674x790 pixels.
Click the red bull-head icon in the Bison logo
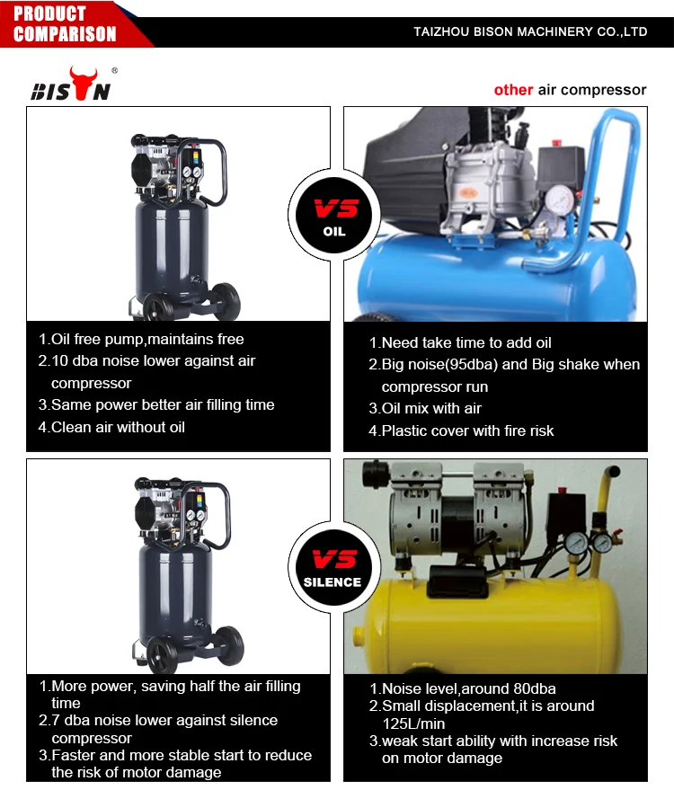pos(84,82)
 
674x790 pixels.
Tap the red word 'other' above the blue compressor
pos(513,90)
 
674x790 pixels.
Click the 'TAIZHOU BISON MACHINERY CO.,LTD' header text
pos(530,31)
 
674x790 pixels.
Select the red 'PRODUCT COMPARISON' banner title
pos(65,23)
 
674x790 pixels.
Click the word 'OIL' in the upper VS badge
pos(334,231)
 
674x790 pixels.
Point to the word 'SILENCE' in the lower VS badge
pos(333,581)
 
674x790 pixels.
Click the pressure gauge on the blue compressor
pos(559,200)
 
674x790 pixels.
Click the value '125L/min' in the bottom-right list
pos(413,724)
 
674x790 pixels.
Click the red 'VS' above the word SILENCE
pos(335,559)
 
